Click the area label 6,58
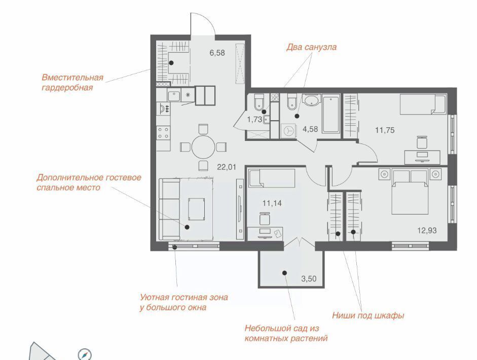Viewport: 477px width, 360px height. (x=217, y=53)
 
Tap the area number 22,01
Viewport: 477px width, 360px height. (x=227, y=167)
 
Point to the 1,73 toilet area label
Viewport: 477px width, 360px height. (x=254, y=120)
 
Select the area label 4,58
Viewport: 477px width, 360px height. (x=310, y=129)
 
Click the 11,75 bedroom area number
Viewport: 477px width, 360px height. (x=385, y=130)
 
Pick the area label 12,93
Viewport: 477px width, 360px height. (x=427, y=230)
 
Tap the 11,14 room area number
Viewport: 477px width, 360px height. (x=272, y=203)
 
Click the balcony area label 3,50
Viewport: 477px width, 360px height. (x=309, y=278)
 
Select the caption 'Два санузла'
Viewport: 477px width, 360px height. (x=312, y=47)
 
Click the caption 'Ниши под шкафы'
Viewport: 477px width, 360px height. (x=368, y=315)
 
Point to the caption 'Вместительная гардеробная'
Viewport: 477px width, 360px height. (x=72, y=83)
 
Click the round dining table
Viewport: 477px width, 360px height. (x=203, y=147)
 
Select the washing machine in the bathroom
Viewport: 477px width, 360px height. (x=288, y=131)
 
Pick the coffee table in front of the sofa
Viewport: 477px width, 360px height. (x=196, y=209)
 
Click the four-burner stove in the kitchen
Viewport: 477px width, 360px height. (x=163, y=133)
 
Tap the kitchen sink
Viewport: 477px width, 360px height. (x=174, y=96)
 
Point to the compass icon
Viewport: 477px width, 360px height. (x=84, y=354)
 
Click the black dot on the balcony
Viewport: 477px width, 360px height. (x=285, y=273)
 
